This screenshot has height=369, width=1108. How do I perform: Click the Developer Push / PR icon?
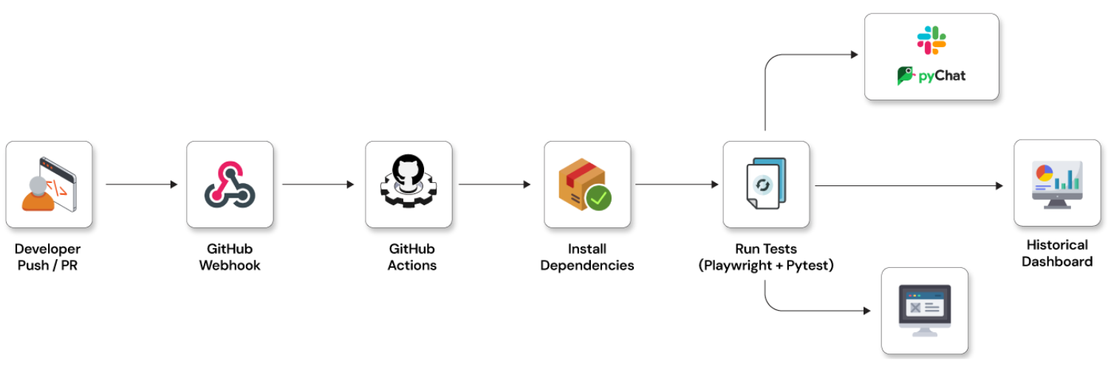(49, 184)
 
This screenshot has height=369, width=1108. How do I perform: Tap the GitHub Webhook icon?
(230, 184)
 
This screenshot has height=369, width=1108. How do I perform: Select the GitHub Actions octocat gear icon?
(408, 184)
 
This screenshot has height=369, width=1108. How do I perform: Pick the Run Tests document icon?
(766, 184)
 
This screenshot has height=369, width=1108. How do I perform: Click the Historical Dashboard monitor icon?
(1057, 183)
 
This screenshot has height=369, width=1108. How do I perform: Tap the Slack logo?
(931, 40)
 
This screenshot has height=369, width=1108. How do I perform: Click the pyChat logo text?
(941, 75)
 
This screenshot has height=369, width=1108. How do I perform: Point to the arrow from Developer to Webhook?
(140, 184)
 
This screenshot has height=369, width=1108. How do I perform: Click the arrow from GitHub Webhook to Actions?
(318, 184)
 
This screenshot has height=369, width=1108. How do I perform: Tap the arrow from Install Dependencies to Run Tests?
(676, 184)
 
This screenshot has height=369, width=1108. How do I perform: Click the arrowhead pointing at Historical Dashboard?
(999, 186)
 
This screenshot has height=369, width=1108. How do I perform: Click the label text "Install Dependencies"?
(587, 258)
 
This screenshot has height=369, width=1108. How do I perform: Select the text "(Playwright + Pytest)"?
(766, 266)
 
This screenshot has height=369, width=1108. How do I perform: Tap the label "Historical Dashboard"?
(1057, 253)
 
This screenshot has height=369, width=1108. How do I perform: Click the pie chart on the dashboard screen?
(1044, 173)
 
